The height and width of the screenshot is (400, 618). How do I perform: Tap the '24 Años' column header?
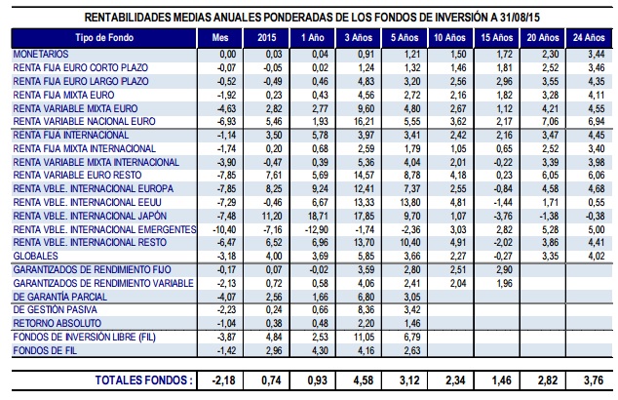(x=582, y=37)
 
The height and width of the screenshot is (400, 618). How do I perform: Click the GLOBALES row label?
(x=36, y=254)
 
